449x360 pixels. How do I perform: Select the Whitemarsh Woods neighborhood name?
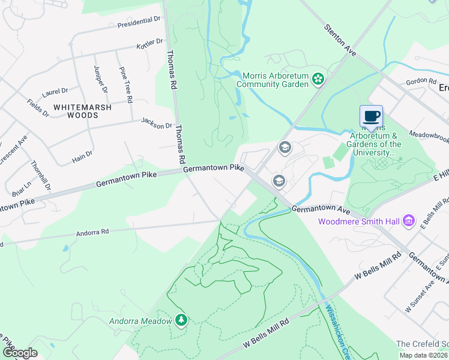pos(80,110)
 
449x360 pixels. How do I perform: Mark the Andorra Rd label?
pos(92,232)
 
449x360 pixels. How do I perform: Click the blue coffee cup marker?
pos(372,116)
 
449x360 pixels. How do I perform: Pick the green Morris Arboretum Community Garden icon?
pos(318,79)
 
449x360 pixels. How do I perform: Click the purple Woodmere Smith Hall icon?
pos(409,221)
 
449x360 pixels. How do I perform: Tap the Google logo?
pos(20,352)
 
